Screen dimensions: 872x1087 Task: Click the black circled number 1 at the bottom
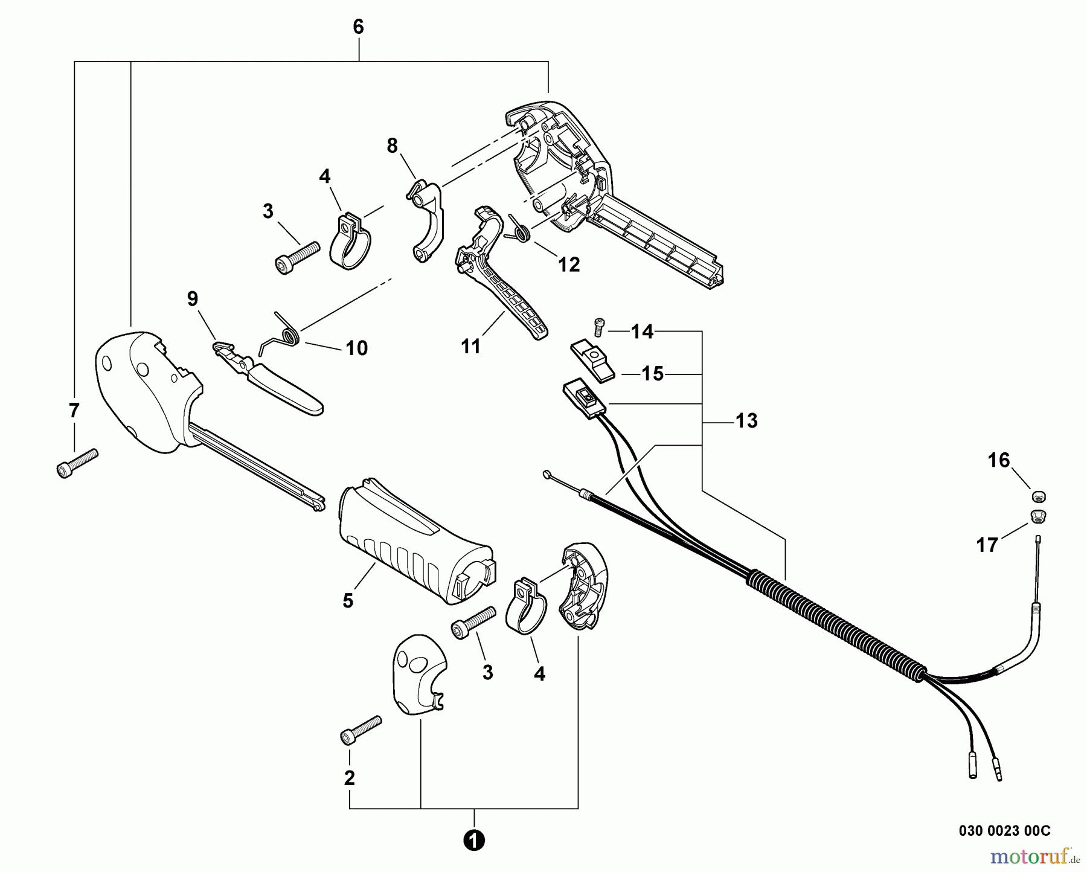(474, 840)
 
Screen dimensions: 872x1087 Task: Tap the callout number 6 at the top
(358, 27)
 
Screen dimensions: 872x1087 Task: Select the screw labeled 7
(77, 463)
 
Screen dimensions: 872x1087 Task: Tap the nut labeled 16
(1039, 497)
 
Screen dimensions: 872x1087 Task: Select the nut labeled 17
(1038, 516)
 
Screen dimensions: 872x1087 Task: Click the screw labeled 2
(360, 730)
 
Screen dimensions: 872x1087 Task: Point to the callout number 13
(746, 421)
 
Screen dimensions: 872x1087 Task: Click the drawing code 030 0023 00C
(1004, 831)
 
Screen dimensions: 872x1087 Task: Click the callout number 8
(393, 146)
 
